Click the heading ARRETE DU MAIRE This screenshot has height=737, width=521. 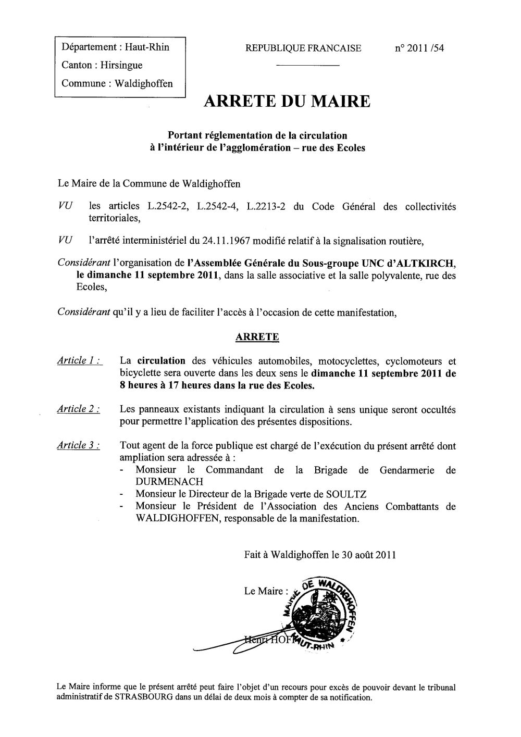click(287, 101)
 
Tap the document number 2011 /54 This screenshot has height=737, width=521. click(419, 48)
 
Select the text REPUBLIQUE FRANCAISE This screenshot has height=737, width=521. click(304, 48)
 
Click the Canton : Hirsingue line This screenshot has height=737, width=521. click(102, 65)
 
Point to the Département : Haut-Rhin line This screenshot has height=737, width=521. click(115, 47)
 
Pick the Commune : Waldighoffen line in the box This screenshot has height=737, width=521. click(117, 83)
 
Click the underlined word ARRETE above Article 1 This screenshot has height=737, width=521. click(257, 337)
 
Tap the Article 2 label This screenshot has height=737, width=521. click(79, 409)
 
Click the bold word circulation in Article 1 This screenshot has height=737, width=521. click(162, 360)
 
